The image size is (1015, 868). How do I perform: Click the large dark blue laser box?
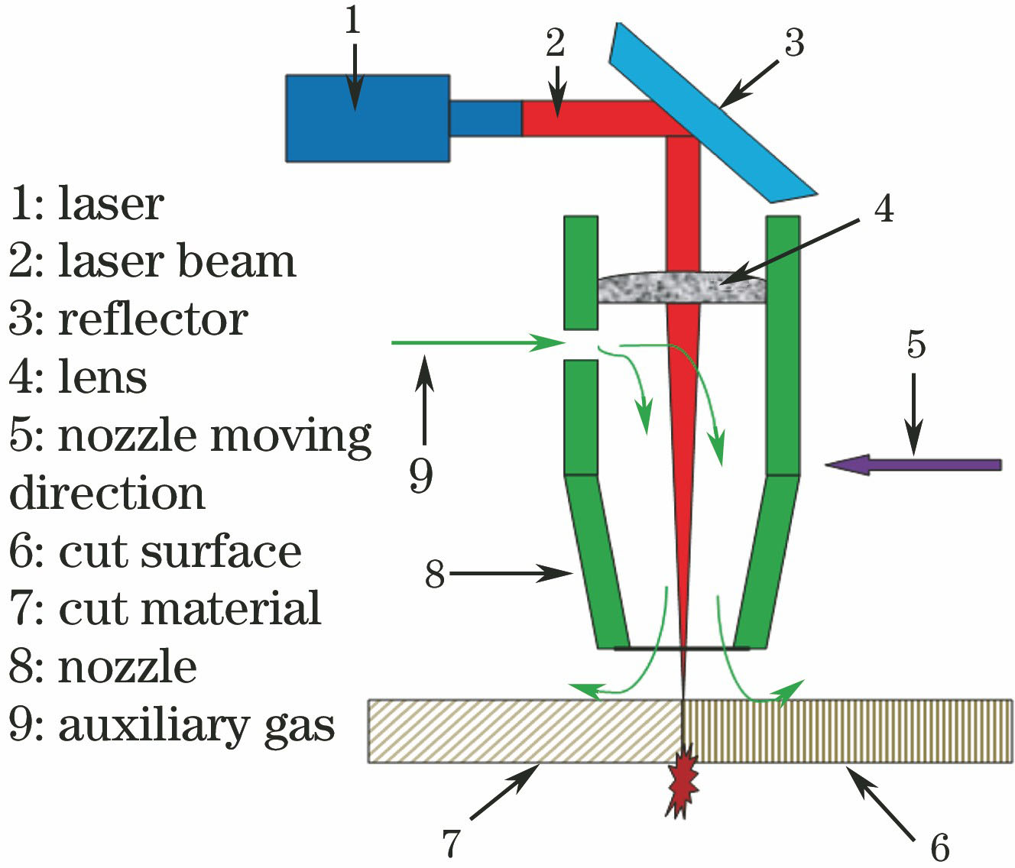tap(367, 118)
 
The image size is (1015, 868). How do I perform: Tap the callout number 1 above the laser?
tap(352, 21)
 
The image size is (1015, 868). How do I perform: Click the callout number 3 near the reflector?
tap(794, 44)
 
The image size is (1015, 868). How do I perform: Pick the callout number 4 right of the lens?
tap(884, 208)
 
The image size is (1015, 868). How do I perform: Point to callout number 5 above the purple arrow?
tap(916, 345)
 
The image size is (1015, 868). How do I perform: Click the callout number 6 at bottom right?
tap(939, 847)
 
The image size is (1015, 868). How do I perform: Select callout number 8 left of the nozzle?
tap(435, 574)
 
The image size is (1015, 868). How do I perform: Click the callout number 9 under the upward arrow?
tap(421, 475)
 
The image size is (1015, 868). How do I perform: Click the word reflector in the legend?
tap(153, 319)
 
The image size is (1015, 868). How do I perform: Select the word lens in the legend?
tap(102, 377)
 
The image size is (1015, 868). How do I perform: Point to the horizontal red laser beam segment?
tap(596, 118)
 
